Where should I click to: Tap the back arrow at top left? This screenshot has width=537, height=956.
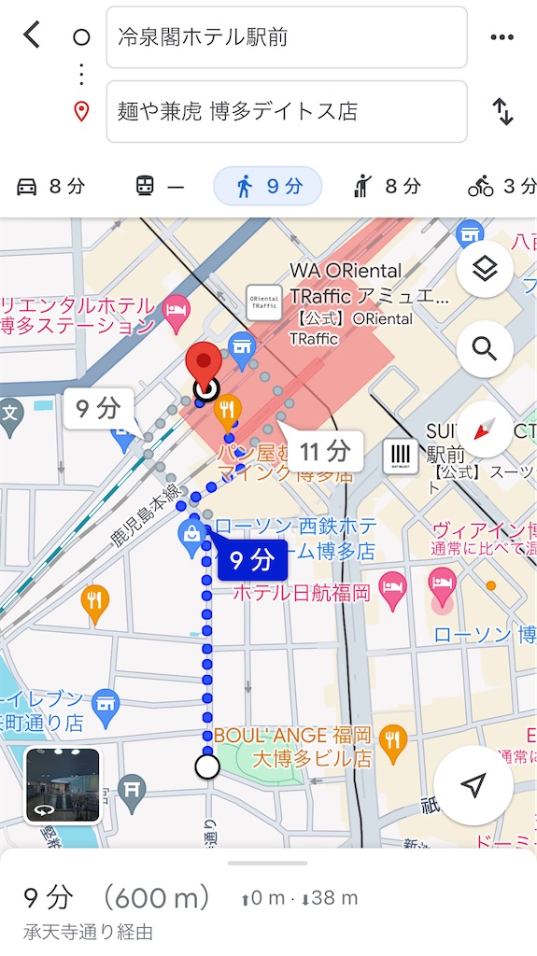pyautogui.click(x=32, y=35)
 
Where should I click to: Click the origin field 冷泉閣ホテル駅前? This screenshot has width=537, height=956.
pyautogui.click(x=286, y=37)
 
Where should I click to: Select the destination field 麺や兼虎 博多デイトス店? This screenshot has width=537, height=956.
pyautogui.click(x=286, y=112)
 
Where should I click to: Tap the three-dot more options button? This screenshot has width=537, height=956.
pyautogui.click(x=502, y=37)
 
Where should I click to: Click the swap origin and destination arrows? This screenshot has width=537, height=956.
pyautogui.click(x=502, y=112)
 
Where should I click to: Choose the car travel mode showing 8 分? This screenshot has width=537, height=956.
pyautogui.click(x=50, y=187)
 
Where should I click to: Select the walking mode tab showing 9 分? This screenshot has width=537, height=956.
pyautogui.click(x=268, y=187)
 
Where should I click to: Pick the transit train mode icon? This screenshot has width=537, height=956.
pyautogui.click(x=146, y=187)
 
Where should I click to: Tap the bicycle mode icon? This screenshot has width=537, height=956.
pyautogui.click(x=481, y=187)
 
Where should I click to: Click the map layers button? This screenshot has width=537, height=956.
pyautogui.click(x=484, y=271)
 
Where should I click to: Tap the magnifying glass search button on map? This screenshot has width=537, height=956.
pyautogui.click(x=484, y=349)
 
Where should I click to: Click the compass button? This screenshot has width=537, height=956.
pyautogui.click(x=484, y=429)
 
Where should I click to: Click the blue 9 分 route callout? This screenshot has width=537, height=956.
pyautogui.click(x=251, y=560)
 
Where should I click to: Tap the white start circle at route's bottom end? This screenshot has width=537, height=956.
pyautogui.click(x=207, y=766)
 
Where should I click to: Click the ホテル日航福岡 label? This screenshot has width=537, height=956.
pyautogui.click(x=302, y=592)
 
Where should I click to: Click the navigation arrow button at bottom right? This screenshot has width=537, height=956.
pyautogui.click(x=473, y=786)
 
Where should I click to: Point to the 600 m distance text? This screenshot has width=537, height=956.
pyautogui.click(x=155, y=899)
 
